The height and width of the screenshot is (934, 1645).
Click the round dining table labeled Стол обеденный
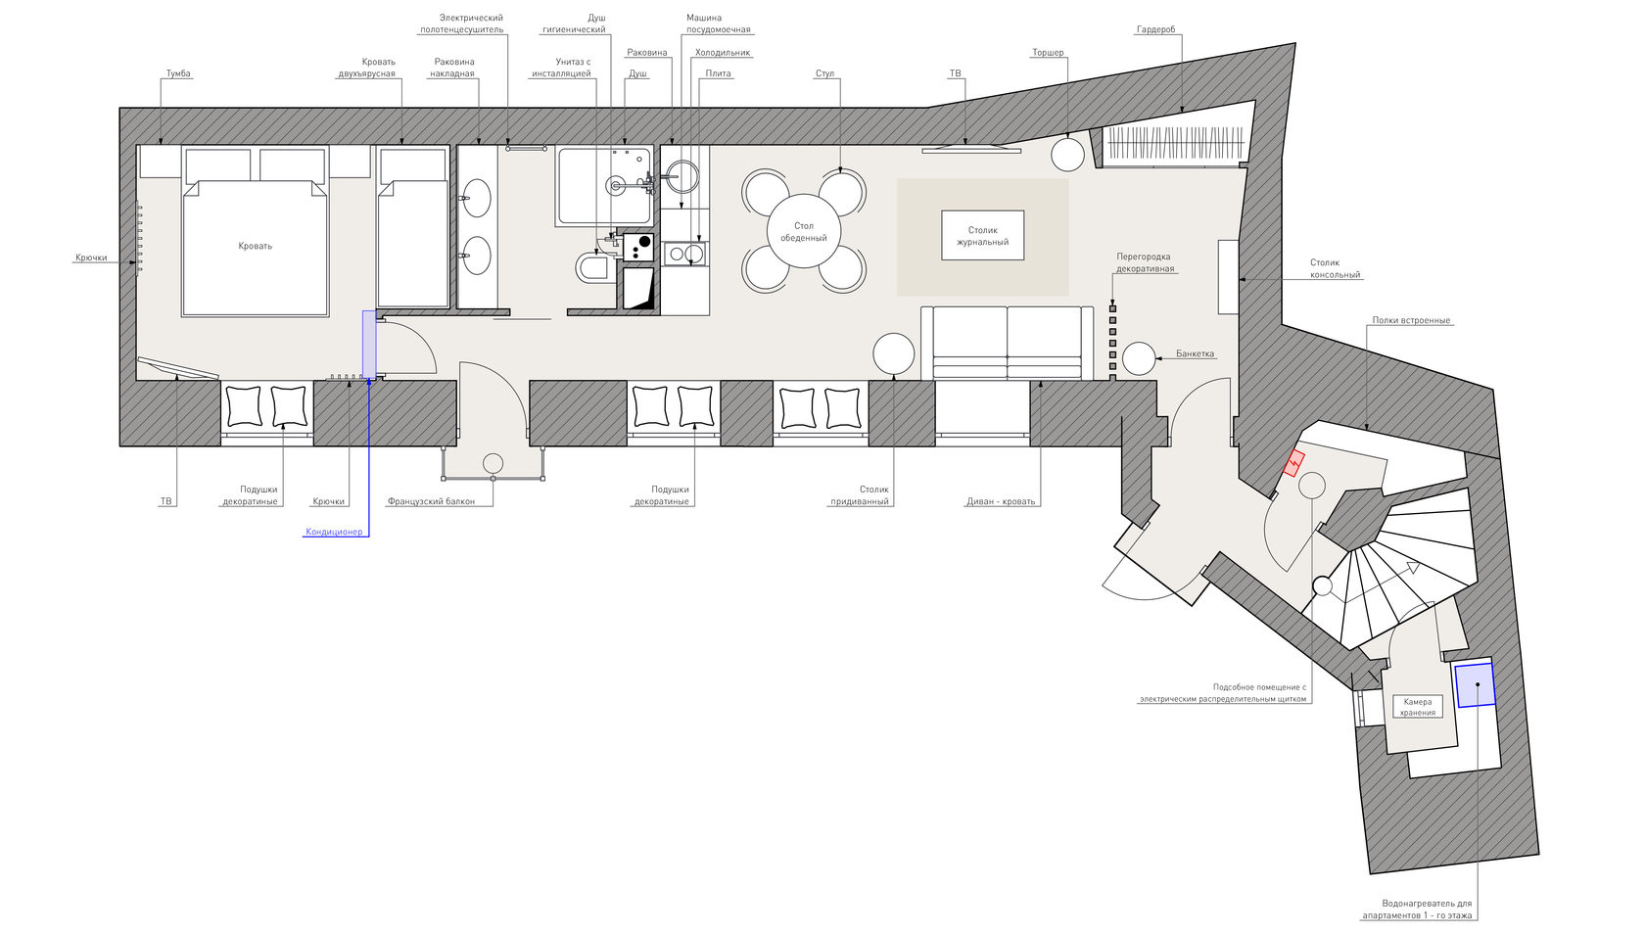(x=803, y=231)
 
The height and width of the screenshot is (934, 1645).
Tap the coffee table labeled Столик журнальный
(x=983, y=235)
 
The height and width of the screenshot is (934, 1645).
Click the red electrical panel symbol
(x=1294, y=463)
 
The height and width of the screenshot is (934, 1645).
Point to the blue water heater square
(x=1476, y=685)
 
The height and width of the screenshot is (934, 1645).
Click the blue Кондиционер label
(x=334, y=532)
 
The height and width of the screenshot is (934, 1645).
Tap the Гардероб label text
(x=1155, y=30)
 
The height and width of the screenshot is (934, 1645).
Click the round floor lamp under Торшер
(x=1067, y=155)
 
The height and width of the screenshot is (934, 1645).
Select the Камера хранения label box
(x=1418, y=707)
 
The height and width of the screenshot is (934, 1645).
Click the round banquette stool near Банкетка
(x=1138, y=358)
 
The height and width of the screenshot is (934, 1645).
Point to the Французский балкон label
(x=431, y=501)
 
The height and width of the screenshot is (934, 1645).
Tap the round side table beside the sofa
(x=894, y=354)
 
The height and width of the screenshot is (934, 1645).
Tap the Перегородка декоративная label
(x=1144, y=262)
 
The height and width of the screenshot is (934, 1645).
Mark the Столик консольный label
(x=1336, y=268)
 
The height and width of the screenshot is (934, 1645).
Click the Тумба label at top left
(x=178, y=73)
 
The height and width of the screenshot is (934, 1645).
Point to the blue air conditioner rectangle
(x=368, y=345)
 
